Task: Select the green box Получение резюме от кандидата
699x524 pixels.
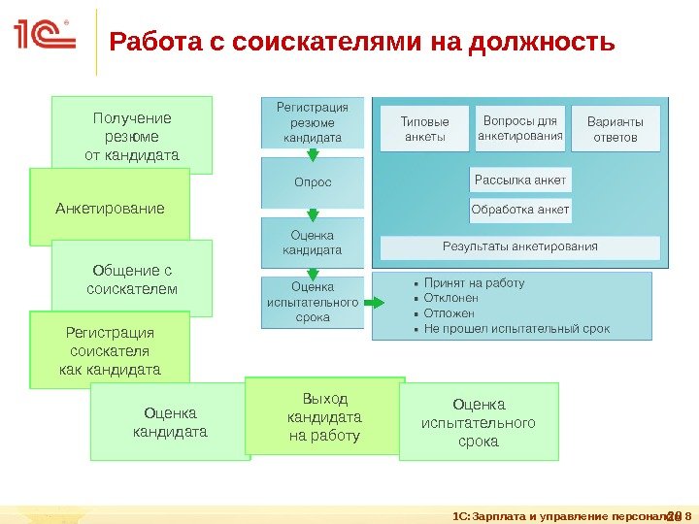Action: click(132, 135)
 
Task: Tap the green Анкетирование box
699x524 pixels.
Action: click(110, 208)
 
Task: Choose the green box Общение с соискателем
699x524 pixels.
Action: click(132, 278)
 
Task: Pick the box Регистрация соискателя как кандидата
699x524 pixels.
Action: click(110, 350)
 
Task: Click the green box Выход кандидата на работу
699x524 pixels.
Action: click(324, 416)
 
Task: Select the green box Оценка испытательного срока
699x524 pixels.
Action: click(479, 421)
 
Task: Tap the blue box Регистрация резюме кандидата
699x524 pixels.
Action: click(313, 122)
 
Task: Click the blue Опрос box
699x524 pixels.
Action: click(313, 181)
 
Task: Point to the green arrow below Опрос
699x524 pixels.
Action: click(313, 214)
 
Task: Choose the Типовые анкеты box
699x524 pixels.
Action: click(425, 129)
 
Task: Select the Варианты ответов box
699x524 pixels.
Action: click(615, 129)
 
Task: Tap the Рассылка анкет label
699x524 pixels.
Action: click(520, 180)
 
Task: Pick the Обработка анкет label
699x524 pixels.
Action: click(520, 209)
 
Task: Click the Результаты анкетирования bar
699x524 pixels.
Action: click(520, 246)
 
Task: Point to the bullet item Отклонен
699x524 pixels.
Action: click(450, 298)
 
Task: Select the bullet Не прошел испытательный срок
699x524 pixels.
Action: click(516, 329)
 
